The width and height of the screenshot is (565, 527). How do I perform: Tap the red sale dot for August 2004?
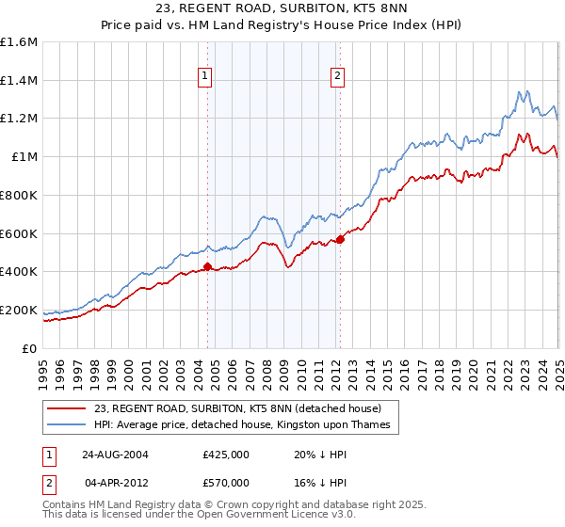click(x=208, y=267)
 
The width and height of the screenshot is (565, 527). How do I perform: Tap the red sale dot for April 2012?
click(x=340, y=239)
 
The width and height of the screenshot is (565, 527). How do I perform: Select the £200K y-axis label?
click(x=19, y=310)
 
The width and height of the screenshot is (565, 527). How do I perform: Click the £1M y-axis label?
click(x=24, y=157)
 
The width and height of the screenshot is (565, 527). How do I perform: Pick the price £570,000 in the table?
click(x=226, y=482)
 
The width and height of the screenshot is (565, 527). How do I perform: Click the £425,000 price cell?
click(x=226, y=454)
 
